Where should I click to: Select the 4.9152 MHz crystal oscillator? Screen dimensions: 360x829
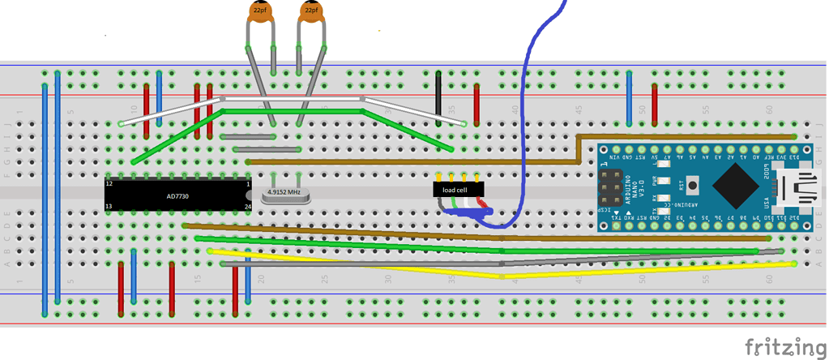[284, 193]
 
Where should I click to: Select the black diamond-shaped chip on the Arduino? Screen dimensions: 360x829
[734, 187]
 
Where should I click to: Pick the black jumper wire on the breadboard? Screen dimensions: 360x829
[438, 96]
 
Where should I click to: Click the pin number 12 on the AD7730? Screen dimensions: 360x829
[109, 185]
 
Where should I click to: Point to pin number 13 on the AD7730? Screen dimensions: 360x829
[109, 206]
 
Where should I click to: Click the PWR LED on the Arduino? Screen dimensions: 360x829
[664, 182]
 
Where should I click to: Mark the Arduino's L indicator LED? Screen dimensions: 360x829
[664, 165]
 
